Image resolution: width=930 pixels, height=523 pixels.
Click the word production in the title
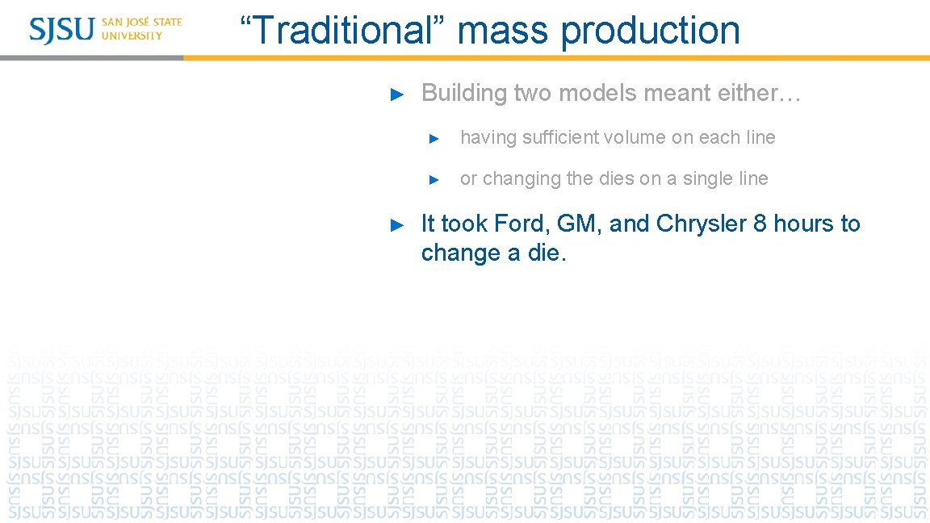click(650, 31)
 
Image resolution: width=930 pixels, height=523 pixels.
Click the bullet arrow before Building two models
click(396, 94)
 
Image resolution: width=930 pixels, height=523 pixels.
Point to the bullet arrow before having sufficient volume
click(434, 138)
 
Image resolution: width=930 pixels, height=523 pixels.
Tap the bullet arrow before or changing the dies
click(434, 179)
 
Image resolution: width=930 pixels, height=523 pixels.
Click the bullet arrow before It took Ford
click(396, 224)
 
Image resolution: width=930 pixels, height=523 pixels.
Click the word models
click(593, 93)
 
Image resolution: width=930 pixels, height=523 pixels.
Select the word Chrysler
click(702, 224)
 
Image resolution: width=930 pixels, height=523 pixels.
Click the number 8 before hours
click(760, 224)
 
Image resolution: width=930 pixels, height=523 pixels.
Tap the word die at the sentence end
click(548, 253)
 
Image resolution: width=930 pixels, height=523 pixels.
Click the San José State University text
click(142, 29)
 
